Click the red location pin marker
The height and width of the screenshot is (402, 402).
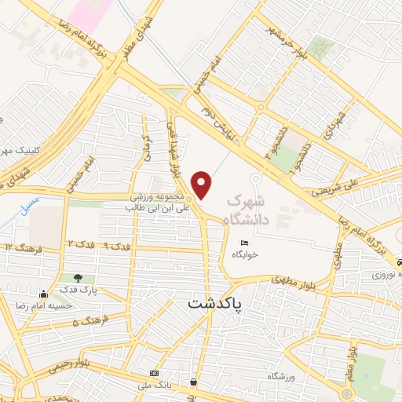click(x=203, y=185)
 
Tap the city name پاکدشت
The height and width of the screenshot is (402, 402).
click(x=216, y=302)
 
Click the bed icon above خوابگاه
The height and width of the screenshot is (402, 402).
click(x=245, y=242)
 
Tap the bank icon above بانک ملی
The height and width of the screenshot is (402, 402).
click(x=154, y=372)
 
